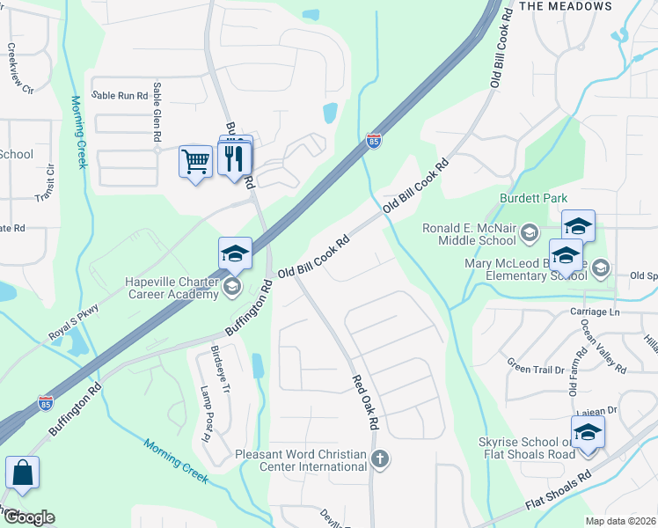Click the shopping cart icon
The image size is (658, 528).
point(195,161)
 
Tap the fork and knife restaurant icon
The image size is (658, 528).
point(235,159)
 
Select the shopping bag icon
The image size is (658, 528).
point(22,473)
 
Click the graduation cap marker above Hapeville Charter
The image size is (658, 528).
point(235,254)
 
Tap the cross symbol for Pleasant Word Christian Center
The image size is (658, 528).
point(380,458)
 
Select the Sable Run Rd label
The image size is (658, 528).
point(121,95)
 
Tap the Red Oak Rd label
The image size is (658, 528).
point(365,404)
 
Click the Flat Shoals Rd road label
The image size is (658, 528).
point(559,494)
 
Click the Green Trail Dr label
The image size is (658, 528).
point(535,364)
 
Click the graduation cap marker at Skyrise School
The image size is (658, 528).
point(587,433)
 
